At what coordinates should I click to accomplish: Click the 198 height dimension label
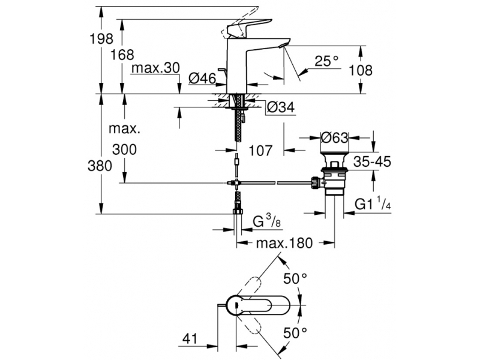click(x=101, y=39)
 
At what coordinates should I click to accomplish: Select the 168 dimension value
click(x=122, y=55)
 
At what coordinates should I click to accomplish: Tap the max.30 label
click(x=155, y=68)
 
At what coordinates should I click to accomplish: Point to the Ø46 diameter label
click(x=202, y=79)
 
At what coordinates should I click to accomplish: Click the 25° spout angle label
click(x=327, y=61)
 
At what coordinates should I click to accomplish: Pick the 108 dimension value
click(x=361, y=70)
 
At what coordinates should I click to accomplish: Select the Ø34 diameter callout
click(x=281, y=107)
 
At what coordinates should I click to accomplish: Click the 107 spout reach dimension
click(x=260, y=151)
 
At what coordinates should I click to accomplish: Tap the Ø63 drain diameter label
click(x=334, y=138)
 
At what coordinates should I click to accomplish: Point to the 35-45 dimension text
click(x=372, y=161)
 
